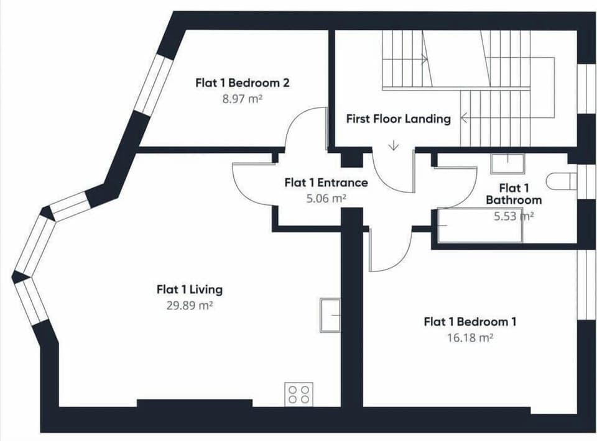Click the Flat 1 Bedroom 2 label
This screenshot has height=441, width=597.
click(x=243, y=83)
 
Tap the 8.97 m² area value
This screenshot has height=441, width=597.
click(x=243, y=99)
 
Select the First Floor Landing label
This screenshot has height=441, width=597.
click(x=398, y=119)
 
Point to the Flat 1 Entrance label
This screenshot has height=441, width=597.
click(x=326, y=183)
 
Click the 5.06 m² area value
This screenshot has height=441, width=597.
click(x=326, y=198)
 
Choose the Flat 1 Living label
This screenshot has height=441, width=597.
click(x=190, y=289)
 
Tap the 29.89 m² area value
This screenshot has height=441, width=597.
click(x=189, y=305)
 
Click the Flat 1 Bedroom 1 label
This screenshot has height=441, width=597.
click(x=470, y=322)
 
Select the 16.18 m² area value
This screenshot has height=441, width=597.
click(x=470, y=338)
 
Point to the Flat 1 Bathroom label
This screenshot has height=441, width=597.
click(x=514, y=194)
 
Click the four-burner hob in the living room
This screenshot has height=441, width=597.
click(x=299, y=394)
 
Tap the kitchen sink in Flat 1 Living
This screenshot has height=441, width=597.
click(x=330, y=315)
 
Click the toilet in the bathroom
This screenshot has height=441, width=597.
click(x=562, y=181)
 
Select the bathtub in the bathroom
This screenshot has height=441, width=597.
click(x=480, y=225)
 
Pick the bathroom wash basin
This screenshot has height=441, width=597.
click(x=507, y=164)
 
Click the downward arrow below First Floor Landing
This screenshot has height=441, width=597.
click(x=393, y=145)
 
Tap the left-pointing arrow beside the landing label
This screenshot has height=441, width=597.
click(x=465, y=118)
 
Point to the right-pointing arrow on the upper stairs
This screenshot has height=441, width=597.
click(x=423, y=59)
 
